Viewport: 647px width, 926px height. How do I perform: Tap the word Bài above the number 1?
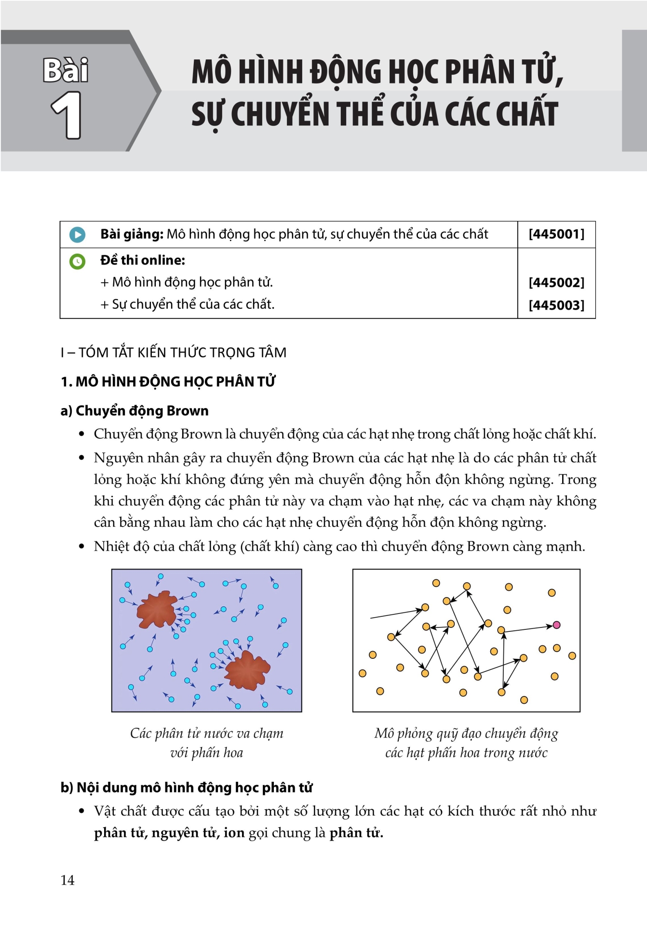tap(66, 70)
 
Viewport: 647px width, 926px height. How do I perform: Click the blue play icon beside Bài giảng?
tap(77, 235)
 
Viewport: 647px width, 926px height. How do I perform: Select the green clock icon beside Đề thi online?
tap(77, 261)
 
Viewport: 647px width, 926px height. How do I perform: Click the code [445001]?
tap(556, 234)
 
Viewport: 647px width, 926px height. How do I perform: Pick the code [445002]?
tap(556, 283)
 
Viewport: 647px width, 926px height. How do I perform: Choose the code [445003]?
tap(556, 305)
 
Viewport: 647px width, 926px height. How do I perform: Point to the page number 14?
tap(67, 880)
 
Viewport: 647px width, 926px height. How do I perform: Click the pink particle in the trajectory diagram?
tap(556, 625)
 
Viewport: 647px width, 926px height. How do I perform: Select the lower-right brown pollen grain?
tap(247, 670)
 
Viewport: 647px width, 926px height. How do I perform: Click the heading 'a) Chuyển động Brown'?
tap(135, 411)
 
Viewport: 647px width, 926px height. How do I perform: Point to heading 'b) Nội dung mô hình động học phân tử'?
tap(187, 788)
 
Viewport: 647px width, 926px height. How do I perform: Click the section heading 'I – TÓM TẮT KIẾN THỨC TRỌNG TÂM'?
tap(174, 353)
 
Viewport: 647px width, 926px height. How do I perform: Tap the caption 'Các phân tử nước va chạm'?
tap(206, 734)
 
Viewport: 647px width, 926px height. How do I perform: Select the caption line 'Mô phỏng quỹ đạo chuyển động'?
tap(466, 734)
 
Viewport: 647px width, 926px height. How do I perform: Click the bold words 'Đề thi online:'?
tap(143, 260)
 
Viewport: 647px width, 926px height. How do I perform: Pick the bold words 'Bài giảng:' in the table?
tap(132, 234)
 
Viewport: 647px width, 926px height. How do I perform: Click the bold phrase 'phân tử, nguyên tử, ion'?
tap(169, 833)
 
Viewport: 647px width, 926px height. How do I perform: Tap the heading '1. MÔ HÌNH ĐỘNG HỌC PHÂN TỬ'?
tap(168, 382)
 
